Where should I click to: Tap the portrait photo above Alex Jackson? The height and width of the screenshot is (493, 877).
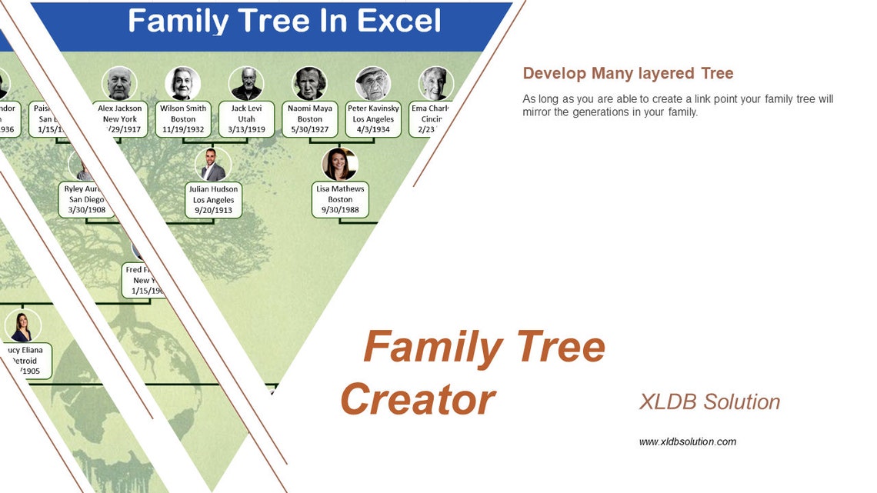point(119,84)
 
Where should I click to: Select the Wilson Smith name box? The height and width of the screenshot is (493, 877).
point(183,119)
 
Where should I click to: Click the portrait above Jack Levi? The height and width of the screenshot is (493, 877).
point(246,84)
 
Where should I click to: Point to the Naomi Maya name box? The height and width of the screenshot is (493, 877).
point(310,119)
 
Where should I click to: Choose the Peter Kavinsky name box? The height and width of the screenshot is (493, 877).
point(373,119)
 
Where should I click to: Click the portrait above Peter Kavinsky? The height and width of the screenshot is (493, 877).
point(373,84)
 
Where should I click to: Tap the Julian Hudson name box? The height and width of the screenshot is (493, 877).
point(214,200)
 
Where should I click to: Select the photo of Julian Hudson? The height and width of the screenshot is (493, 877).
point(213,165)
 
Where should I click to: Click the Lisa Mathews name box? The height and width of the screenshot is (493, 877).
point(340,199)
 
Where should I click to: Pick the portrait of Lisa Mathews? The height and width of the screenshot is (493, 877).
point(340,165)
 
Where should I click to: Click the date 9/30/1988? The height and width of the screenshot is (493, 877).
point(340,210)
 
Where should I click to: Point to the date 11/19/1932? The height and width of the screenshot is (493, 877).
point(183,130)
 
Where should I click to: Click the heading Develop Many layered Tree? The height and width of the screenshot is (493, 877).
point(628,74)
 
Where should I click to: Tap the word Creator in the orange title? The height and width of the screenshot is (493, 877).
point(418,400)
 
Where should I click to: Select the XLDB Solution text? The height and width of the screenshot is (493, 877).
point(709,401)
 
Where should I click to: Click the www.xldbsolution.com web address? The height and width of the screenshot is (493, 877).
point(687,441)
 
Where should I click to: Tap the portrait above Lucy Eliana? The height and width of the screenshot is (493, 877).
point(22,326)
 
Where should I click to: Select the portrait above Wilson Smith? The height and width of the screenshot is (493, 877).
point(183,84)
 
